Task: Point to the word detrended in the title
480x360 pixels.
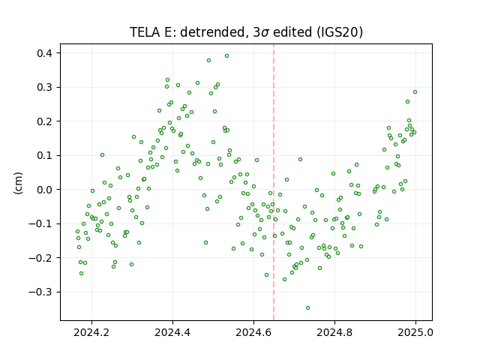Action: coord(214,32)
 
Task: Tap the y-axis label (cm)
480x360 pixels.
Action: coord(18,183)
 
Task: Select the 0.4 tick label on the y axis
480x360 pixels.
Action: coord(45,53)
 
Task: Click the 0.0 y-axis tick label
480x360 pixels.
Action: coord(45,190)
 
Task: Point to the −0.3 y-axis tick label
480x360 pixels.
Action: coord(40,292)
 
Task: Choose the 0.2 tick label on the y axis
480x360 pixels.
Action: coord(45,121)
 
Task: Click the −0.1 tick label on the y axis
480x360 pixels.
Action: coord(40,223)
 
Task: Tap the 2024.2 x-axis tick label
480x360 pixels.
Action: coord(91,332)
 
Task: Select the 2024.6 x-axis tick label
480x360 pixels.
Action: coord(253,332)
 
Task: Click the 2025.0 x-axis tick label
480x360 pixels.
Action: coord(415,332)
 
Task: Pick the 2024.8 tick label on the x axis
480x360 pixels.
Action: coord(334,332)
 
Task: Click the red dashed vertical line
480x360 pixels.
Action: coord(274,182)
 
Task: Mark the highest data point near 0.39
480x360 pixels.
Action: coord(226,56)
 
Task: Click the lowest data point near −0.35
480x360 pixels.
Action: coord(307,308)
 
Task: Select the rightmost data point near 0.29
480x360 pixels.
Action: coord(415,91)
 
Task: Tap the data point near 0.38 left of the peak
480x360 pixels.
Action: coord(208,61)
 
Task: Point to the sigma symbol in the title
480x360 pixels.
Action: coord(265,33)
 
